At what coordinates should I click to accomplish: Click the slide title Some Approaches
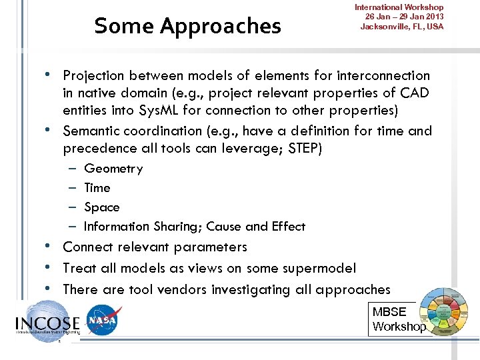tap(187, 26)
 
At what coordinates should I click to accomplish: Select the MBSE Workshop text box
tap(398, 319)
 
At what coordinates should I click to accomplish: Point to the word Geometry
tap(113, 169)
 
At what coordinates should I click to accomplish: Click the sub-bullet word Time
tap(97, 188)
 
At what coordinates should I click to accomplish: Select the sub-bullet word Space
tap(102, 207)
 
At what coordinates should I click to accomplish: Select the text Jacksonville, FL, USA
tap(402, 27)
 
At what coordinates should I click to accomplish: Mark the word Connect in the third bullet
tap(86, 247)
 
